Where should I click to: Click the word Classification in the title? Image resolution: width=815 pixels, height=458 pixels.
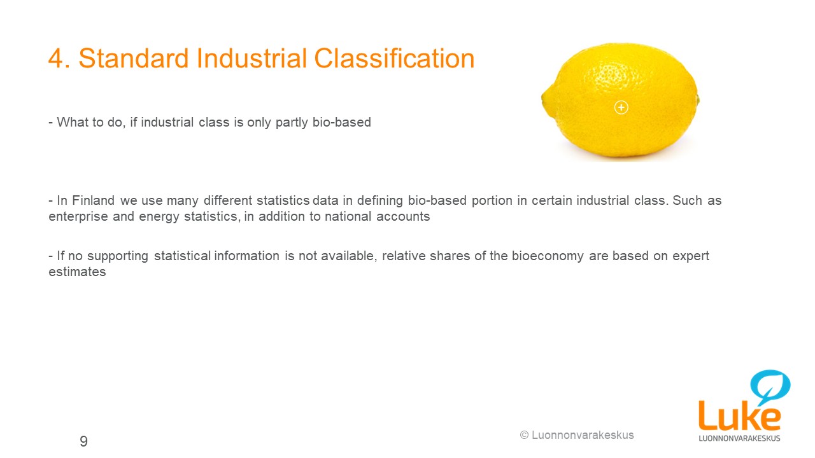394,58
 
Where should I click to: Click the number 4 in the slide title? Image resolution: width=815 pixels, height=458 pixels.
55,59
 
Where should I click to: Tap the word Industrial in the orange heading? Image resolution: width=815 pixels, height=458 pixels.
252,58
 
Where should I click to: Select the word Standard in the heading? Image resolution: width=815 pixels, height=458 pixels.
134,58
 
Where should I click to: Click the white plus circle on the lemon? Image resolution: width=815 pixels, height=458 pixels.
621,108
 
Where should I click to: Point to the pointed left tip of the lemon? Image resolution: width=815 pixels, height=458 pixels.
542,97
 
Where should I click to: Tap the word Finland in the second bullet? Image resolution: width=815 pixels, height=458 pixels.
93,200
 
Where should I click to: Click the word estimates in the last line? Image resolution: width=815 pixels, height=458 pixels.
77,272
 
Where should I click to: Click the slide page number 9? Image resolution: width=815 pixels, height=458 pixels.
83,441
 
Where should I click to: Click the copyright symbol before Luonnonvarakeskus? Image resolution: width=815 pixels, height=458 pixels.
524,435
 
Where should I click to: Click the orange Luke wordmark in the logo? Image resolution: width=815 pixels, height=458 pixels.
739,415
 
